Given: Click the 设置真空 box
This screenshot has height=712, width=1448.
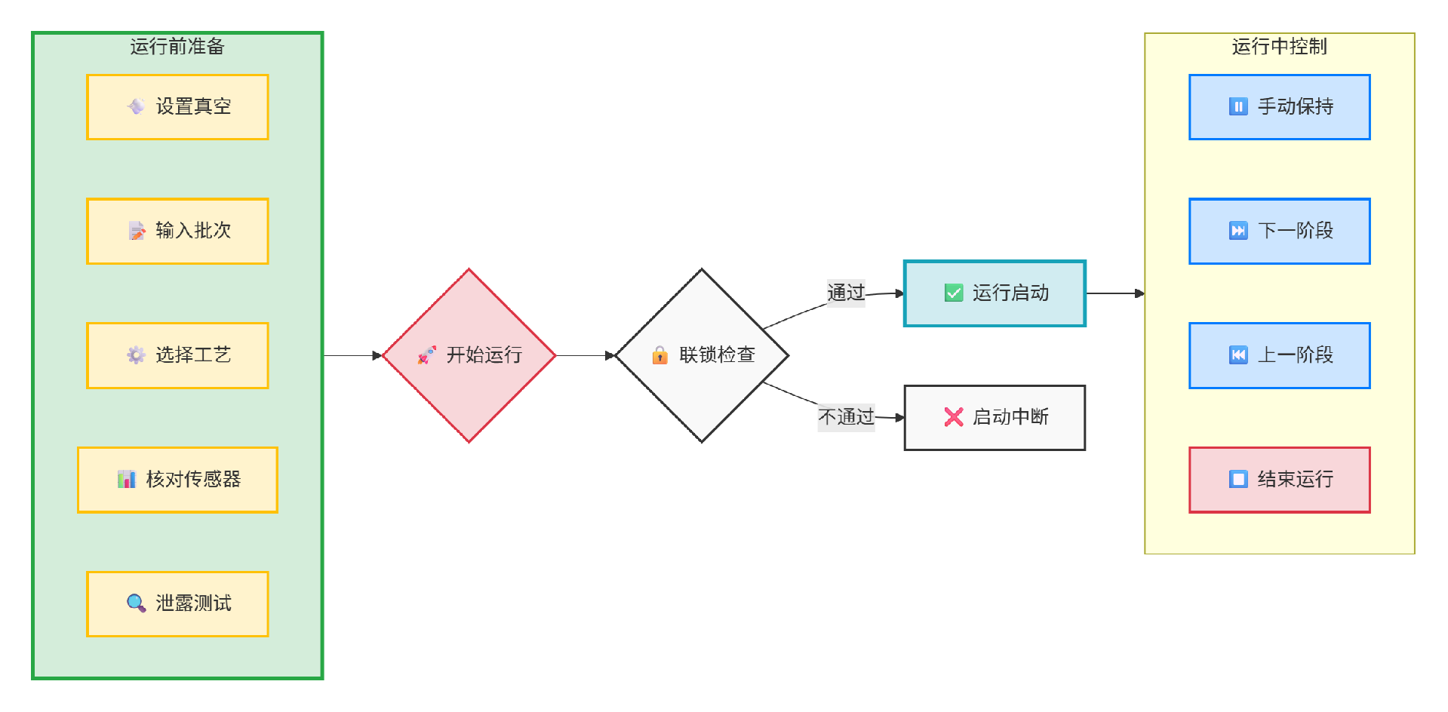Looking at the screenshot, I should point(177,107).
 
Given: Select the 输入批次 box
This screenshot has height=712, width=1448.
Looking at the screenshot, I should point(177,232).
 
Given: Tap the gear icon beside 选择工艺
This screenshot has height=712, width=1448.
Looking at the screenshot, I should point(136,355).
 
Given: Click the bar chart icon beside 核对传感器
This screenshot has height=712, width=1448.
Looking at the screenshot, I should point(126,480).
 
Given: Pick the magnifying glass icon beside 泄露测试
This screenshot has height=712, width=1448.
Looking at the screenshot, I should point(136,603).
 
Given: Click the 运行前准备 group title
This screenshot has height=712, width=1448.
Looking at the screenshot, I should point(177,47).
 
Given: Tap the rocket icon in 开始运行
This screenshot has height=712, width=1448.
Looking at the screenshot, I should point(426,355).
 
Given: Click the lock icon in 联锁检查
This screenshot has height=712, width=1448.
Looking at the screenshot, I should point(659,355).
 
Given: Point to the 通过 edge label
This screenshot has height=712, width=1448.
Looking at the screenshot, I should point(846,293).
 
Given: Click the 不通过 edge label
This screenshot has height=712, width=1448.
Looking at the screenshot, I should point(846,417).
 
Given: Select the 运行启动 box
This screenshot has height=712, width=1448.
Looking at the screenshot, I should point(995,293).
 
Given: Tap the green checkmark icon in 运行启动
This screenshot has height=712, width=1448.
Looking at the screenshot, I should point(954,293).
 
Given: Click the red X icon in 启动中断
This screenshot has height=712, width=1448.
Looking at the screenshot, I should point(954,417).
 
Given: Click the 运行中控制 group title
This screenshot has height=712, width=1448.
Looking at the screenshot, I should point(1279,47).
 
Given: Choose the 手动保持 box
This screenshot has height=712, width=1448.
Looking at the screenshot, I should point(1279,107).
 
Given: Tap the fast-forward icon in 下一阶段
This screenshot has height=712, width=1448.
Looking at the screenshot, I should point(1238,231).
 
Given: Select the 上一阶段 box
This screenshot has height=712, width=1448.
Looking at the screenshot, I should point(1279,355).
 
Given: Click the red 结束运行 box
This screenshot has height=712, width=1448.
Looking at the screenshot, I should point(1279,480).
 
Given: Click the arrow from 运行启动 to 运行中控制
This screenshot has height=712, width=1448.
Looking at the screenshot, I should point(1114,293).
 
